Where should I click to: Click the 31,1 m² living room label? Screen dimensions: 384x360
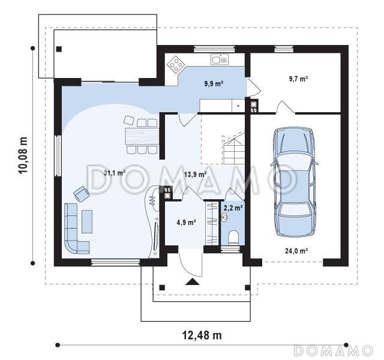115,173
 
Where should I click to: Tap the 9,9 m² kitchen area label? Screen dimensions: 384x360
214,83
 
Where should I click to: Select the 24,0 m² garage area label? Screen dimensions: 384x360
296,251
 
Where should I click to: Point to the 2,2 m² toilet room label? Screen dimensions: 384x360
233,208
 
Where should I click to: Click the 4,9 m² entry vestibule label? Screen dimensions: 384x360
186,223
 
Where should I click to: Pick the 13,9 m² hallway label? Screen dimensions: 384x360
195,175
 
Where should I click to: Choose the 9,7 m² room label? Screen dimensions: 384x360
298,79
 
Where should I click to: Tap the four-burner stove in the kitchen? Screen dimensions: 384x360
176,65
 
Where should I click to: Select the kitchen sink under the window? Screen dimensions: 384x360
220,59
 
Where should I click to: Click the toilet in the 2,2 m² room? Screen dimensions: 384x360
233,237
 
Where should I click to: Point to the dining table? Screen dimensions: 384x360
142,136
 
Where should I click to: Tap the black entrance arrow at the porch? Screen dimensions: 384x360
193,282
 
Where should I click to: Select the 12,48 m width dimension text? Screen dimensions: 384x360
202,335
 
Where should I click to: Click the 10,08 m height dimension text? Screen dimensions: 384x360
23,155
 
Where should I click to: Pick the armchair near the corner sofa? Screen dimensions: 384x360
82,193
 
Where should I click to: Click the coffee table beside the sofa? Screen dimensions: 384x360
87,221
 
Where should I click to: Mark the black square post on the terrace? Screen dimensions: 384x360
59,49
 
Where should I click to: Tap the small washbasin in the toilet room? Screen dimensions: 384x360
224,217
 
